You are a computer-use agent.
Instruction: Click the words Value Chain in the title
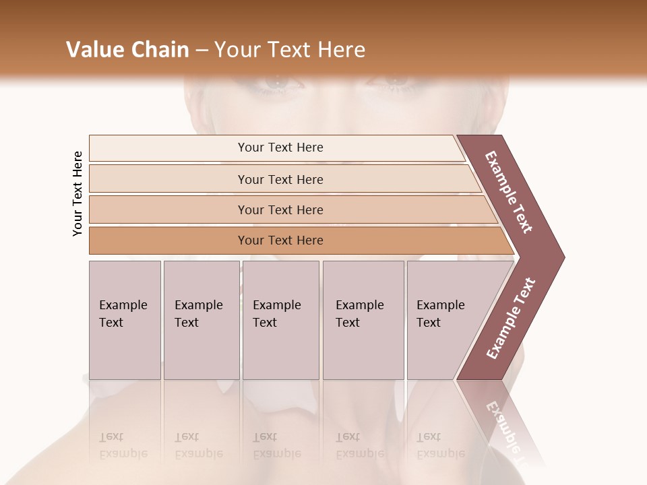(127, 50)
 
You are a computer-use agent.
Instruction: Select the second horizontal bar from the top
(280, 179)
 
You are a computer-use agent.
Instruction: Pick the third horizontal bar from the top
(280, 209)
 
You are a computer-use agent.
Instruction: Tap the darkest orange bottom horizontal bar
(280, 240)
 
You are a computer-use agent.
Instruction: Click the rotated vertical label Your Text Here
(78, 193)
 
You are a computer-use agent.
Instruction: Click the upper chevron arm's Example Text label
(509, 192)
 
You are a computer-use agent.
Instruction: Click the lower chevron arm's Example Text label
(511, 318)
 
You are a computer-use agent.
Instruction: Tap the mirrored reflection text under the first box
(123, 445)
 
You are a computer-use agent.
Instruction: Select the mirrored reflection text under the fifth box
(439, 445)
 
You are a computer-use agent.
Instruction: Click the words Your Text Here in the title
(290, 50)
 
